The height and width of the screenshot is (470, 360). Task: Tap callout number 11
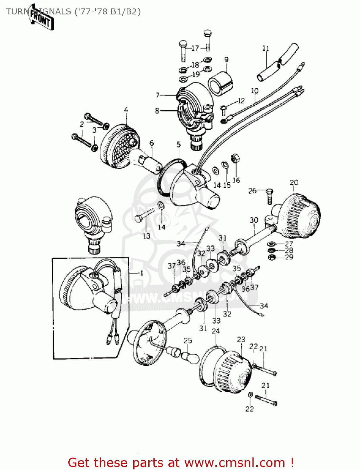tap(266, 48)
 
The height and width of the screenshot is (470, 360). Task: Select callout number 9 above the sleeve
tap(226, 60)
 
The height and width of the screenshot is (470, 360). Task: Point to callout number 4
tap(126, 110)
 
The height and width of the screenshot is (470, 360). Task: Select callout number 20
tap(294, 182)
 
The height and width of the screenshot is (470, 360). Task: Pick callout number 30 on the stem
tap(254, 220)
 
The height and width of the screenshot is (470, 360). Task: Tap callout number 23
tap(241, 340)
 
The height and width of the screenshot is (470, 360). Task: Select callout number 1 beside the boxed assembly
tap(141, 273)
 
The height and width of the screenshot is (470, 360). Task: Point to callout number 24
tap(216, 331)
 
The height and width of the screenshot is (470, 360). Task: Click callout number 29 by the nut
tap(289, 257)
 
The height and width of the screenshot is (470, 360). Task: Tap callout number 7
tap(158, 95)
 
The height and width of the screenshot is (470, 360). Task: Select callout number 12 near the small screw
tap(241, 101)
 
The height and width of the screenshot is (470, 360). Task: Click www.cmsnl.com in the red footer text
tap(234, 463)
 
